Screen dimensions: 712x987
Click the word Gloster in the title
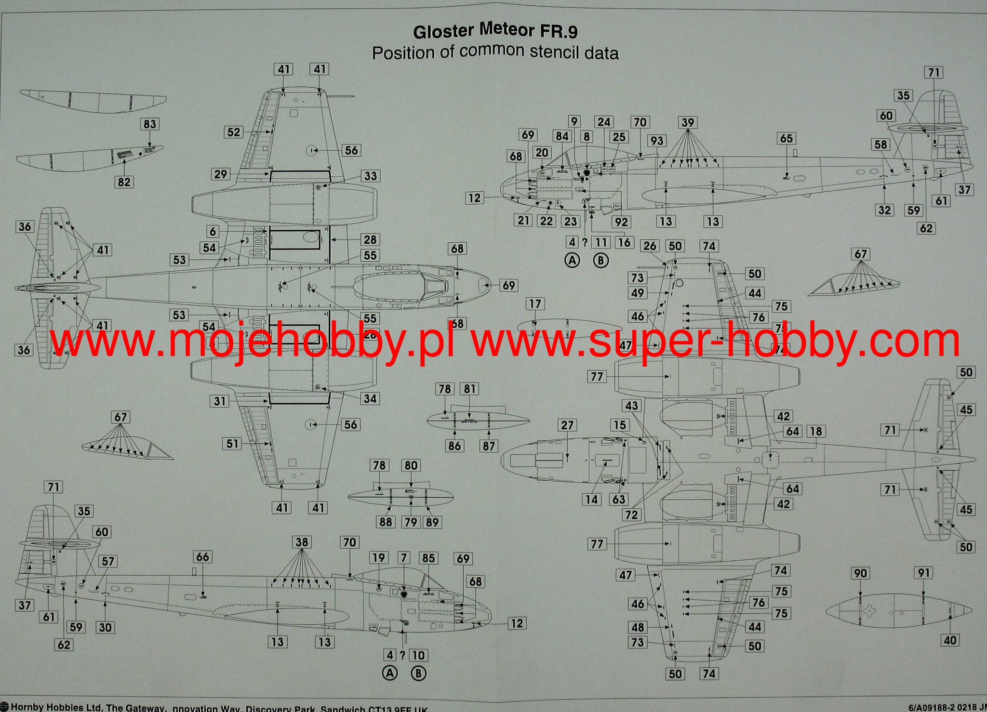(444, 32)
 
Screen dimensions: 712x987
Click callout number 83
(149, 124)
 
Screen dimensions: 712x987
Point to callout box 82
(124, 182)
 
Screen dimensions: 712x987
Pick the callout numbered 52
(233, 132)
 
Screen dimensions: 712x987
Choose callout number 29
(220, 174)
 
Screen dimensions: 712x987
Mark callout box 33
(370, 176)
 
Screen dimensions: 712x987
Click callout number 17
(535, 304)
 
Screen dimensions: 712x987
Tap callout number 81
(469, 389)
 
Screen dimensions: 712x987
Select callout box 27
(567, 425)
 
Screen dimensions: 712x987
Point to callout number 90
(860, 573)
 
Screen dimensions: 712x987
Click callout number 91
(923, 573)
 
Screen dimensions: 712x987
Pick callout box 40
(949, 640)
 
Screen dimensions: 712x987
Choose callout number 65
(786, 139)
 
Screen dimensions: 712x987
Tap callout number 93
(657, 141)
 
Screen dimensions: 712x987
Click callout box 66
(202, 557)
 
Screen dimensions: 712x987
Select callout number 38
(302, 542)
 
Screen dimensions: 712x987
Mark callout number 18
(815, 431)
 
